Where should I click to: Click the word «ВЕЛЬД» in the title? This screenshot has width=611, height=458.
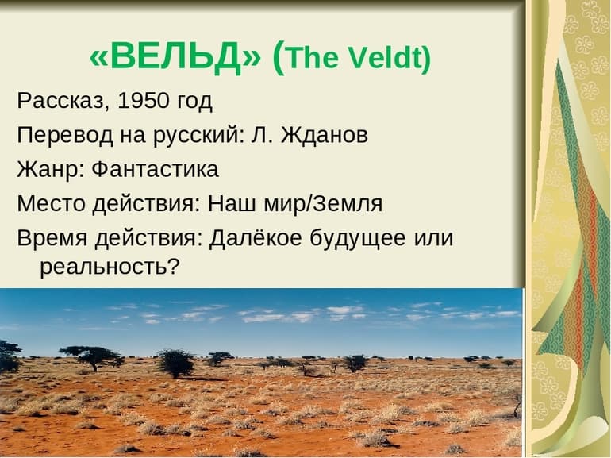[x=175, y=56]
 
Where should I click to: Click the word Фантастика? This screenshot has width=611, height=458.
[x=155, y=169]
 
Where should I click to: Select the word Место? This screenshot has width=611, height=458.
[x=48, y=203]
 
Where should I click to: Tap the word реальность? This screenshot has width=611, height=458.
[x=104, y=267]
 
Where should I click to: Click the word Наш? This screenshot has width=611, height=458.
[x=229, y=203]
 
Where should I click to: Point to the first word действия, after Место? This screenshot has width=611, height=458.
[x=142, y=204]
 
